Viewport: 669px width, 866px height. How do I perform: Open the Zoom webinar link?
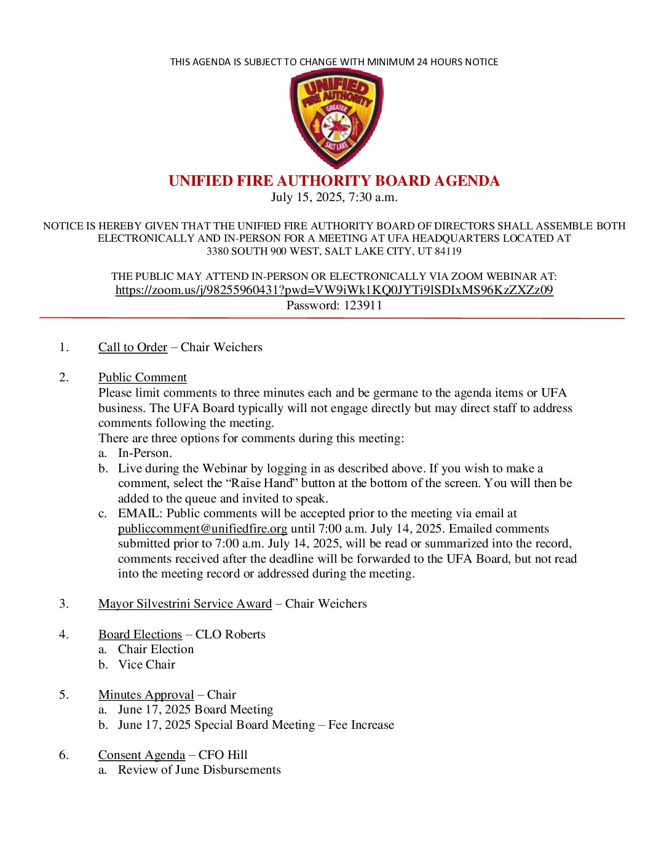click(334, 290)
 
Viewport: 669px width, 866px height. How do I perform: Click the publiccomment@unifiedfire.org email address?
click(202, 529)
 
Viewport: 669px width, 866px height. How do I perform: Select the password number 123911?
click(358, 306)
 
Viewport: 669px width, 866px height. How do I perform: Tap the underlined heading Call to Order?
click(133, 348)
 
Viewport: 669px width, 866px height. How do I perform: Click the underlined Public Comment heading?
click(142, 378)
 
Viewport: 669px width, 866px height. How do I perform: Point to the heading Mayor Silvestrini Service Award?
click(184, 604)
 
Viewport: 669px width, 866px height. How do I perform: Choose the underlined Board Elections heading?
click(140, 635)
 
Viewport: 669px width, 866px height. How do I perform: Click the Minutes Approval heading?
click(146, 695)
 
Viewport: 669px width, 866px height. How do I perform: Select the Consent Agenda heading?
click(141, 755)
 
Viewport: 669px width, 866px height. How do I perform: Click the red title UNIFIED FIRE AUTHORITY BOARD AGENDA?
click(334, 181)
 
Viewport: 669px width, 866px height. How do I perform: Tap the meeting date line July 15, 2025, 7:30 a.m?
click(334, 197)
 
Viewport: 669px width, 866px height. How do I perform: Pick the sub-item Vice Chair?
click(146, 665)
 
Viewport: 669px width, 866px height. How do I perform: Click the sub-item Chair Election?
click(156, 649)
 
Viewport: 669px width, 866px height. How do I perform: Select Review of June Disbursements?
click(199, 770)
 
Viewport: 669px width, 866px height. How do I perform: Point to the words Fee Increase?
click(361, 725)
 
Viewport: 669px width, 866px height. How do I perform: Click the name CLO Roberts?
click(231, 635)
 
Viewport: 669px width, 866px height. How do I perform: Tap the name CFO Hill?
click(223, 755)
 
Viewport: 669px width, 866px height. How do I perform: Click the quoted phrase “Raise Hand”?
click(261, 483)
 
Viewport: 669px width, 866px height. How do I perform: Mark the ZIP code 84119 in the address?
click(448, 252)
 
